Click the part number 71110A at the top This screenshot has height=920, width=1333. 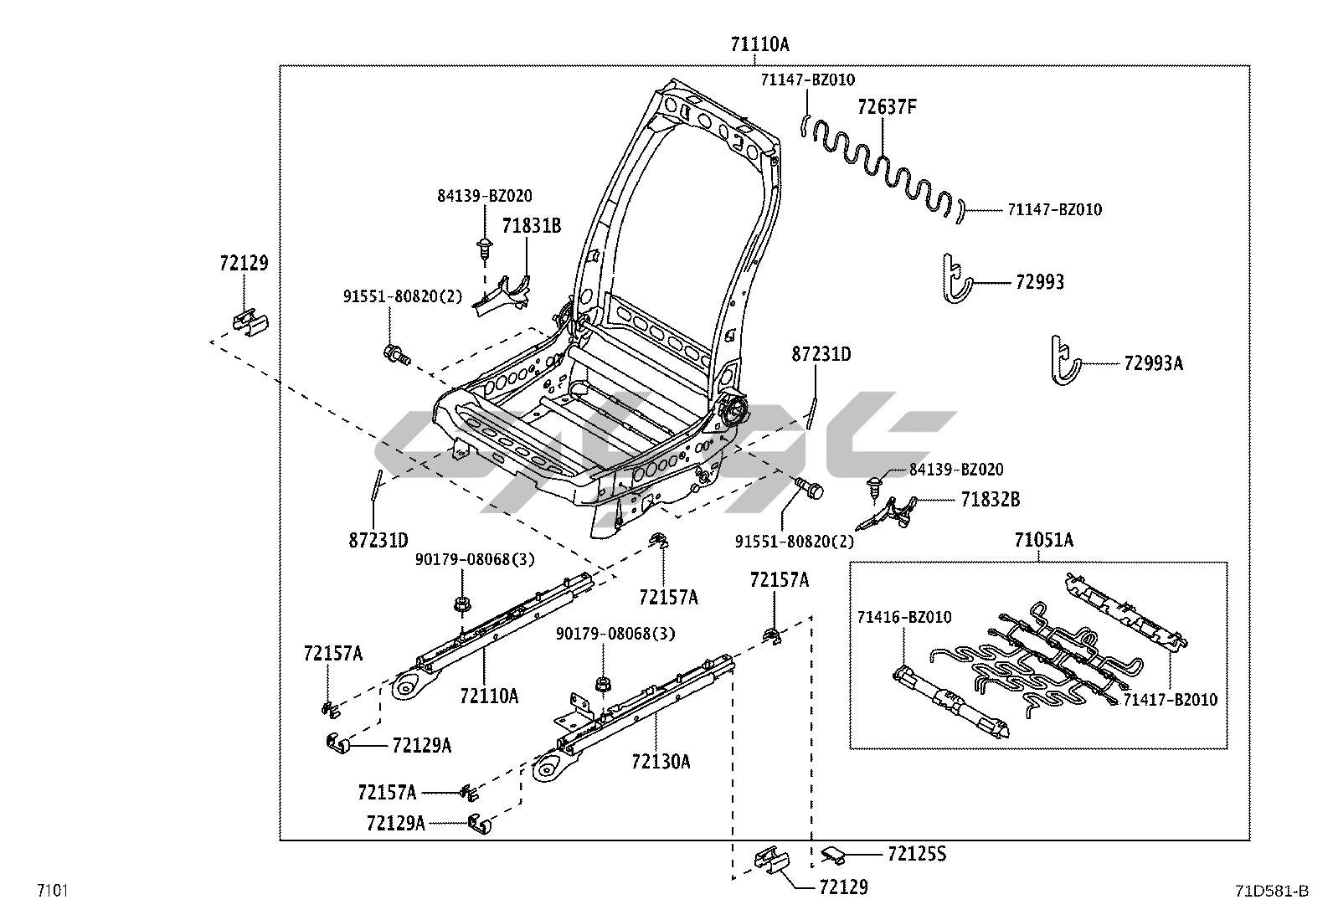(x=759, y=45)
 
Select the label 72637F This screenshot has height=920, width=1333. (x=887, y=107)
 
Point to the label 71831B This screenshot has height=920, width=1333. (x=531, y=226)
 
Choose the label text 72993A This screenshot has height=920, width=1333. (x=1153, y=363)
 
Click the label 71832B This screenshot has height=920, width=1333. (x=990, y=500)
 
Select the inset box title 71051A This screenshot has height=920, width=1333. (x=1043, y=541)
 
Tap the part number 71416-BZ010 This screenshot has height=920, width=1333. (x=903, y=618)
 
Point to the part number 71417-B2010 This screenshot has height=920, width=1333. (x=1170, y=700)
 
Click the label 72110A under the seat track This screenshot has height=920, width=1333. (x=488, y=696)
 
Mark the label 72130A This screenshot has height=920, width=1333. (x=661, y=762)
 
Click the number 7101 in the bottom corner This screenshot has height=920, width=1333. (x=52, y=891)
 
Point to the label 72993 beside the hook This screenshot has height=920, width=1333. (x=1039, y=282)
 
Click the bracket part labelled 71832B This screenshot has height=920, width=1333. (x=892, y=511)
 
